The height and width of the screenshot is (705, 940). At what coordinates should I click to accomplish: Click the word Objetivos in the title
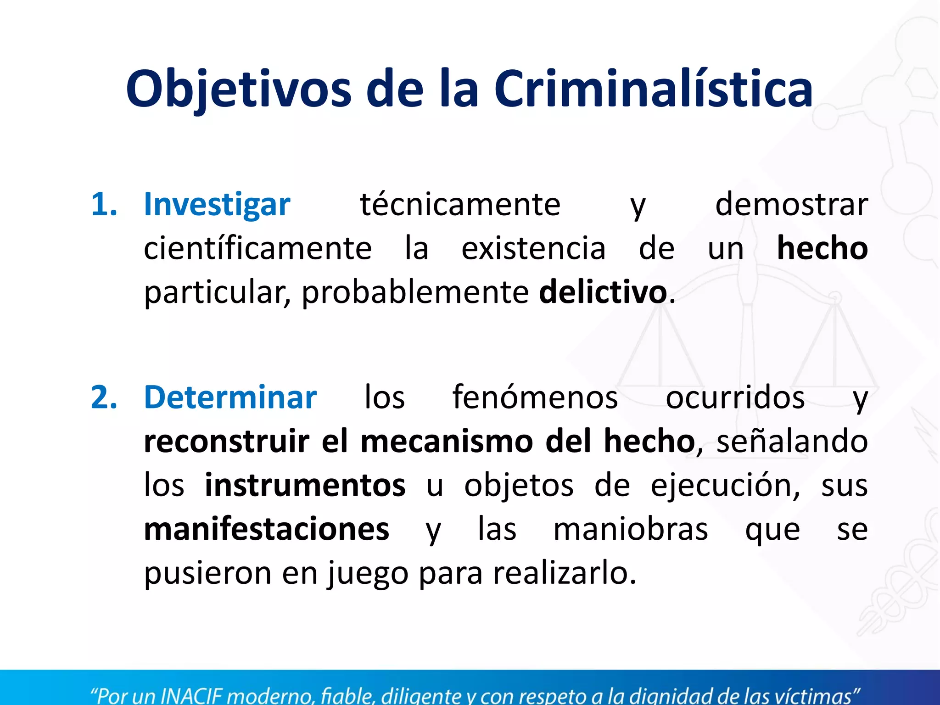(x=238, y=89)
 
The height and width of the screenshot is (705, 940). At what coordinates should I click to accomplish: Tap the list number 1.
(x=104, y=204)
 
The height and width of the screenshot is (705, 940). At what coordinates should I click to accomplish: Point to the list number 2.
(x=104, y=397)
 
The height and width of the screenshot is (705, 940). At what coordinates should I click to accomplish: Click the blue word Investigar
(x=217, y=204)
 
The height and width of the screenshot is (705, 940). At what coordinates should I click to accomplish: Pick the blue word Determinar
(x=230, y=397)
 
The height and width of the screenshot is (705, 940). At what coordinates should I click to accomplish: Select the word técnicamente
(x=460, y=204)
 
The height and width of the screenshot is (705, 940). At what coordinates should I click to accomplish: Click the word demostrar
(x=791, y=204)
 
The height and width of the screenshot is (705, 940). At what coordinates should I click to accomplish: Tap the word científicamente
(x=257, y=248)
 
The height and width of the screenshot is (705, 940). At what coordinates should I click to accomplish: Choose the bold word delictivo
(x=603, y=292)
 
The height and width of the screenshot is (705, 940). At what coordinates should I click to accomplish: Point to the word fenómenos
(x=535, y=397)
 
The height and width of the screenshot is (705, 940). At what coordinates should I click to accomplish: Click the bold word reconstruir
(x=227, y=441)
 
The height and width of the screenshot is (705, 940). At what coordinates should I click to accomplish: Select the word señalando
(x=792, y=441)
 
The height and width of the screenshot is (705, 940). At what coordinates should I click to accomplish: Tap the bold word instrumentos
(x=305, y=485)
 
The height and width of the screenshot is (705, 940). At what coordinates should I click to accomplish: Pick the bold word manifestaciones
(x=266, y=529)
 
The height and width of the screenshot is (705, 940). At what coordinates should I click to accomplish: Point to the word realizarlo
(x=565, y=573)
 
